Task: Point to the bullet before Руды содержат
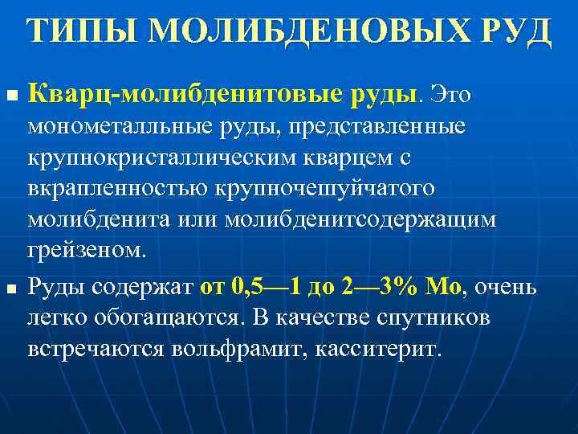[x=10, y=288]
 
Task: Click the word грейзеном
[x=88, y=249]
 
